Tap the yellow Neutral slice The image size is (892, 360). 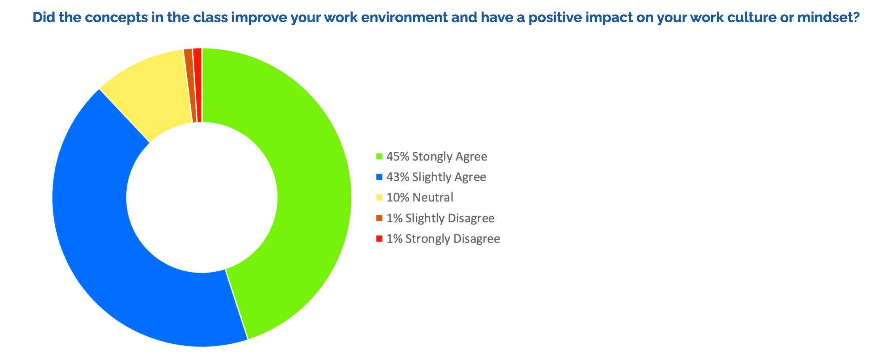tap(150, 91)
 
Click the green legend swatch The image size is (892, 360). tap(379, 157)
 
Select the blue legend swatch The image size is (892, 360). tap(379, 177)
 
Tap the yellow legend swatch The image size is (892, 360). tap(379, 197)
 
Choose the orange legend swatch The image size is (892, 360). tap(379, 218)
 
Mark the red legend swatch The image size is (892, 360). tap(379, 239)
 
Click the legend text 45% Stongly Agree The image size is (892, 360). tap(437, 157)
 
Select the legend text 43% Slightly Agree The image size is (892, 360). tap(436, 177)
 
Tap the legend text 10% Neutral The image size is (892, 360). tap(420, 197)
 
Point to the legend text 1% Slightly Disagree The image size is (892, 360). tap(440, 218)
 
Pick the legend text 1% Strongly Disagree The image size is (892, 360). tap(443, 239)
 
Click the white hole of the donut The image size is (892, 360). tap(202, 197)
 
